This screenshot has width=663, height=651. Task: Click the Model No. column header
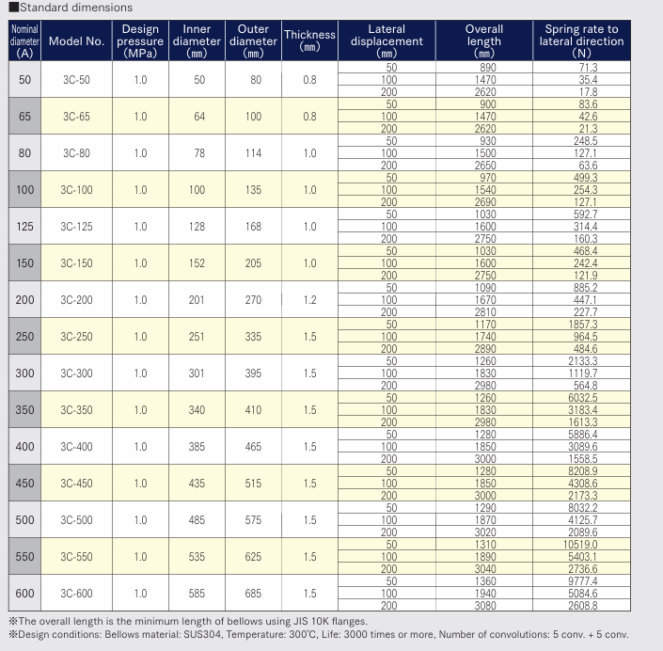pyautogui.click(x=76, y=41)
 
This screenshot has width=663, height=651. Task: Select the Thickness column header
pyautogui.click(x=309, y=40)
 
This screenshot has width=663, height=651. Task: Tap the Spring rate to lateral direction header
pyautogui.click(x=581, y=41)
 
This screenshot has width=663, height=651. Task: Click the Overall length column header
pyautogui.click(x=484, y=41)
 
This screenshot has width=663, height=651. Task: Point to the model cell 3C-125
pyautogui.click(x=76, y=227)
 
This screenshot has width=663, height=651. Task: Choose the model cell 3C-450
pyautogui.click(x=76, y=483)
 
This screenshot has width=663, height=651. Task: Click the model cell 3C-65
pyautogui.click(x=76, y=117)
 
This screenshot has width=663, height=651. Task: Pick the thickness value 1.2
pyautogui.click(x=310, y=300)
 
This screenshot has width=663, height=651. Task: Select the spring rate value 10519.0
pyautogui.click(x=580, y=545)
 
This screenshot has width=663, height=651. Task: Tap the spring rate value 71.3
pyautogui.click(x=588, y=68)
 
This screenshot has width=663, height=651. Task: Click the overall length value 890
pyautogui.click(x=488, y=68)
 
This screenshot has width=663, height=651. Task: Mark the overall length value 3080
pyautogui.click(x=485, y=606)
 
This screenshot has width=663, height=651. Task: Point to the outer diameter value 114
pyautogui.click(x=253, y=153)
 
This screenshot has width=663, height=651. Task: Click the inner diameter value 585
pyautogui.click(x=197, y=593)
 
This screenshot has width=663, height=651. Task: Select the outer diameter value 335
pyautogui.click(x=253, y=336)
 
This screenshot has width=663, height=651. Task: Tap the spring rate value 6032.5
pyautogui.click(x=583, y=398)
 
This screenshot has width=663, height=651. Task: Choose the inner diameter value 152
pyautogui.click(x=197, y=263)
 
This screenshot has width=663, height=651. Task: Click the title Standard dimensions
pyautogui.click(x=75, y=8)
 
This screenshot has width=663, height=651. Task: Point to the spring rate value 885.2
pyautogui.click(x=585, y=288)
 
